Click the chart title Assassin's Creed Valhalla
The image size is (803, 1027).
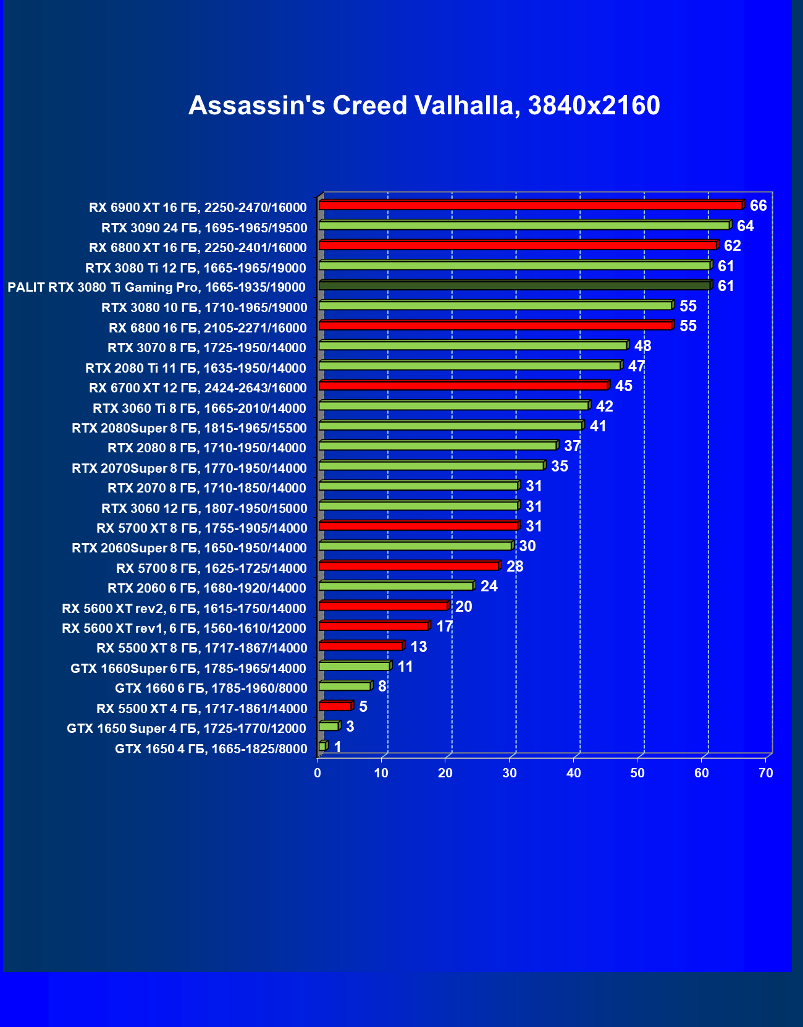coord(424,106)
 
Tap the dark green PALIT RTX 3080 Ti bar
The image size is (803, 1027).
coord(515,285)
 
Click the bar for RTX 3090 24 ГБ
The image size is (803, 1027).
coord(524,226)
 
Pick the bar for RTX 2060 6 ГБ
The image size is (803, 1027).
coord(396,586)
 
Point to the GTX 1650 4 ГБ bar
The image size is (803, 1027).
coord(322,746)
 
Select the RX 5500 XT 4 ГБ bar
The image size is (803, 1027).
coord(335,706)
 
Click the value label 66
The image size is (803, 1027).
coord(758,206)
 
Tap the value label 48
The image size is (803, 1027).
coord(642,346)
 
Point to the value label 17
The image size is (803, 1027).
coord(444,627)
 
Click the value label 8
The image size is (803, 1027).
coord(382,687)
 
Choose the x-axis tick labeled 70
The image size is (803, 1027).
coord(765,773)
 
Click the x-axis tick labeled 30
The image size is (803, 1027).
coord(510,773)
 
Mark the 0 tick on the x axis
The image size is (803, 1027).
coord(317,773)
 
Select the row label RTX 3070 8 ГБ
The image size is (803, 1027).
coord(207,348)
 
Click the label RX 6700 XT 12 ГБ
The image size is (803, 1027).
coord(198,388)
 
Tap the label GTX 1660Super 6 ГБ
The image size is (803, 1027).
coord(188,669)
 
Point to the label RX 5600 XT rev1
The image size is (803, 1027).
coord(184,628)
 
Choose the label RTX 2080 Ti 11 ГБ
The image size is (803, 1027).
coord(196,368)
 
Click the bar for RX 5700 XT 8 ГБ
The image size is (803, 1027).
coord(418,526)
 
